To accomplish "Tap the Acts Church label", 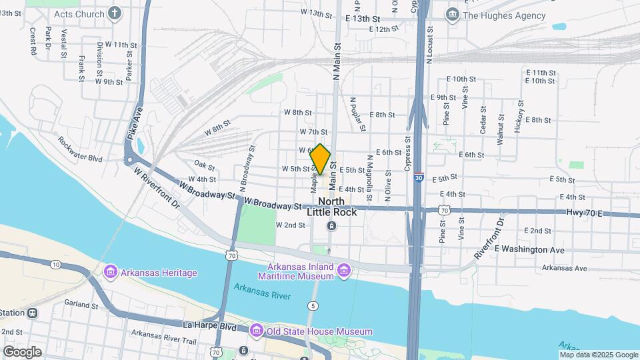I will tap(79, 14).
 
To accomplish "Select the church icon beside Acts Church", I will tap(115, 13).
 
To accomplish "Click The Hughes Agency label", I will tap(504, 15).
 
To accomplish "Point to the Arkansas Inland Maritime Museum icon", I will tap(344, 271).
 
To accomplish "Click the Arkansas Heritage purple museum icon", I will tap(110, 273).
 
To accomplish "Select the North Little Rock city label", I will tap(331, 207).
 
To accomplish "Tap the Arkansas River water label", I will tap(262, 291).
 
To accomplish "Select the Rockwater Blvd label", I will tap(80, 149).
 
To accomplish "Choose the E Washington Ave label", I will tap(529, 249).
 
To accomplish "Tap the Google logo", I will tap(22, 351).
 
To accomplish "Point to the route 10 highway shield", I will tap(55, 265).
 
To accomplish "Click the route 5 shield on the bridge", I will tap(313, 305).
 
